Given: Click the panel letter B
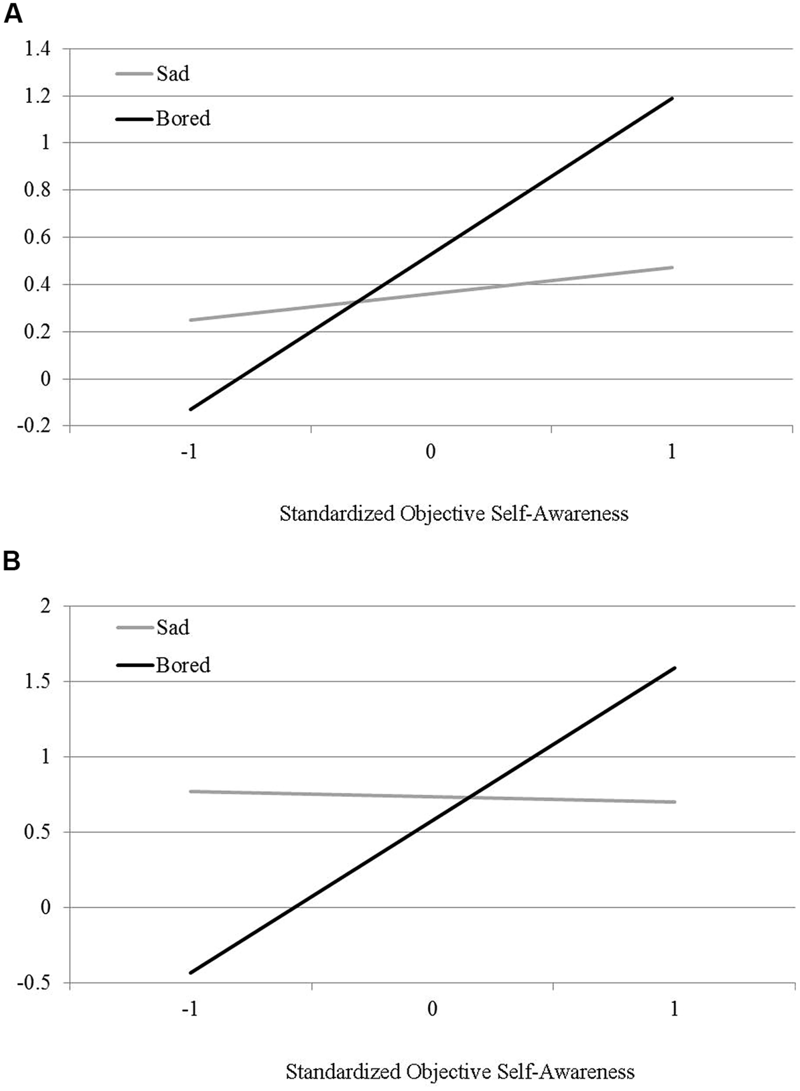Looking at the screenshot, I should [x=12, y=562].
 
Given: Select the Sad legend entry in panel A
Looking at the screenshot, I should [x=172, y=74].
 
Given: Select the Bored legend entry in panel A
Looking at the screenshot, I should [x=183, y=119].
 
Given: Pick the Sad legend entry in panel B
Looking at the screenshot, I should [x=172, y=628].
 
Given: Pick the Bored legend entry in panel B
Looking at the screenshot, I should [x=183, y=665].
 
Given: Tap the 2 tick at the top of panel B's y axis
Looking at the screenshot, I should [x=45, y=606].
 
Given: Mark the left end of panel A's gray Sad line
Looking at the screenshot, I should [x=190, y=320].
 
